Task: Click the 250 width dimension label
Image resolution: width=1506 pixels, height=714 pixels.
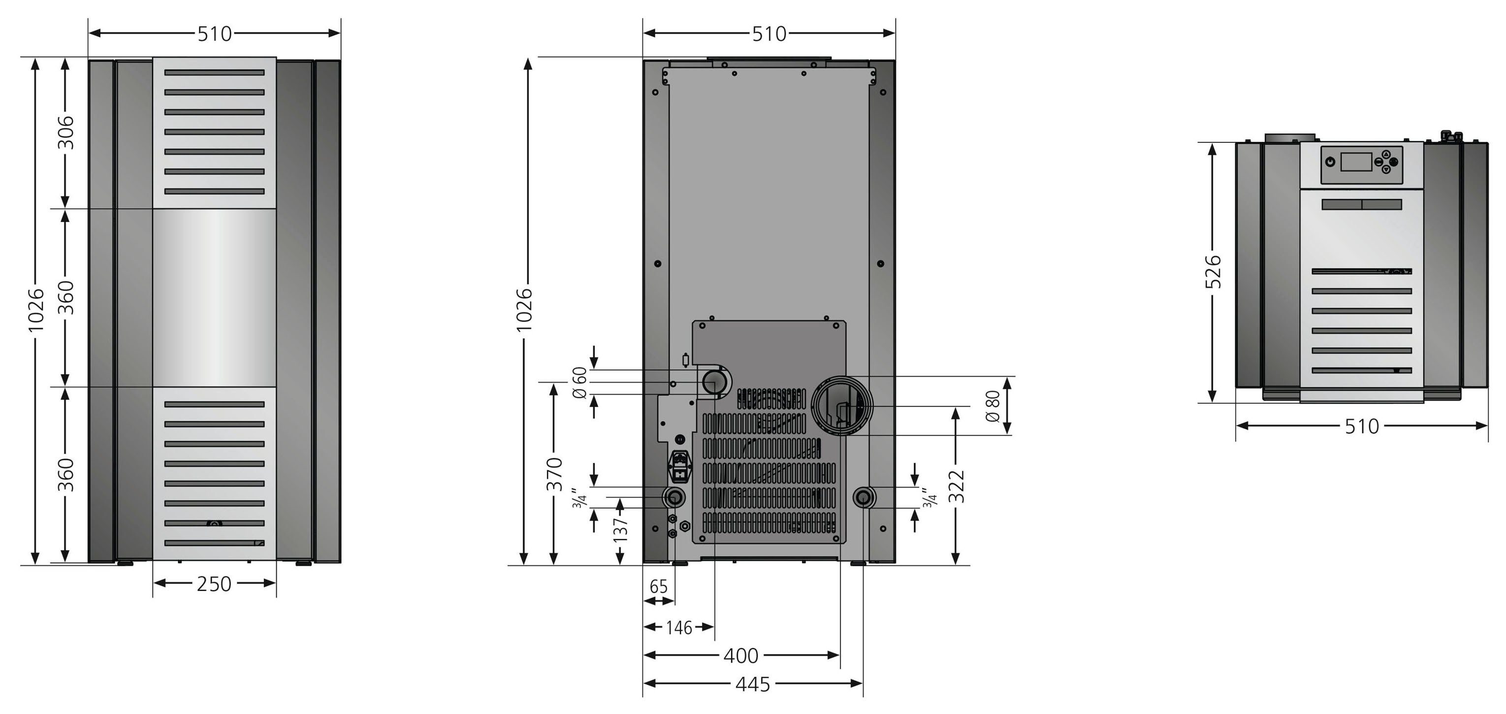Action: click(214, 584)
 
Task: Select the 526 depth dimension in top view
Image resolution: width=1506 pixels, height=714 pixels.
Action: click(1213, 271)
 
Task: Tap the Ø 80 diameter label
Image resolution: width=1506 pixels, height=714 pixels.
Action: click(993, 406)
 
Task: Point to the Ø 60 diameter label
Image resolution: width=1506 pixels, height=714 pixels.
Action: click(579, 383)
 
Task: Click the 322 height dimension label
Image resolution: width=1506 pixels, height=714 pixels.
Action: click(956, 486)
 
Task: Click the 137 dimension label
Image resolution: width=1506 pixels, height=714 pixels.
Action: click(620, 529)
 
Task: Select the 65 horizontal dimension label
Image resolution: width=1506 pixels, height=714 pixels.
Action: click(658, 586)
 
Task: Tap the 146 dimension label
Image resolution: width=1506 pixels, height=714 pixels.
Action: click(679, 628)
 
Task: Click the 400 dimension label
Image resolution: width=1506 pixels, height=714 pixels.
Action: click(741, 655)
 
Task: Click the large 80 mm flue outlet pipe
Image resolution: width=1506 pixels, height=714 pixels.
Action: click(841, 405)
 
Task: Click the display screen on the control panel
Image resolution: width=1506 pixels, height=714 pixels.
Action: click(1356, 162)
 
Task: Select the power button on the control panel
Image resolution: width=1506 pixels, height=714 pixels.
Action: click(1331, 162)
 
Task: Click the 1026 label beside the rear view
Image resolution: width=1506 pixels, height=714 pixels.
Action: click(524, 309)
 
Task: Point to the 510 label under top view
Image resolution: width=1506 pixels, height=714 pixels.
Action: click(1362, 426)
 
